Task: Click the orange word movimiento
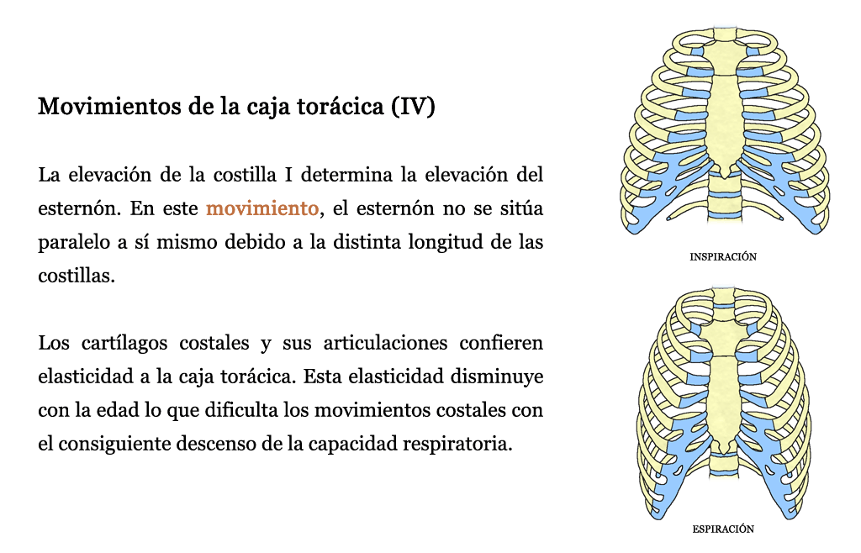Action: coord(262,208)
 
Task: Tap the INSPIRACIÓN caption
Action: coord(723,257)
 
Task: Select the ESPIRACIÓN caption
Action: coord(723,529)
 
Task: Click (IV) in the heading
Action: coord(413,107)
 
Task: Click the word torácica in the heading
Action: coord(341,106)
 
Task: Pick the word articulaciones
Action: coord(385,343)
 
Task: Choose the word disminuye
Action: coord(497,377)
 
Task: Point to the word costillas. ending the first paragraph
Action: coord(77,276)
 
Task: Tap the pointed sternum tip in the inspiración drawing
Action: coord(725,176)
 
